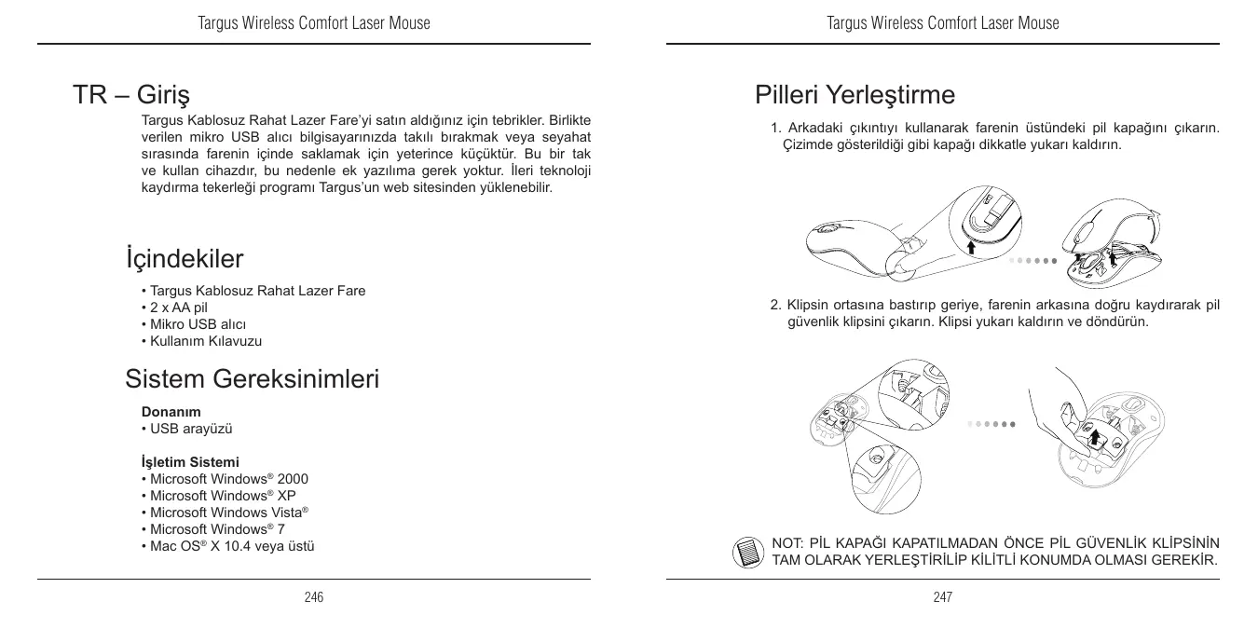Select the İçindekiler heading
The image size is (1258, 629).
(184, 257)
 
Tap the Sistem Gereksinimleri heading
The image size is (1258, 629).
(252, 379)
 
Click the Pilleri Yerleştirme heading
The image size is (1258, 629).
(855, 95)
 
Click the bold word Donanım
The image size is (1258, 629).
(171, 411)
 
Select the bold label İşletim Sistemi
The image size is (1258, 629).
(189, 462)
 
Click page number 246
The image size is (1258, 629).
(314, 597)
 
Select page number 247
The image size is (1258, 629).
(943, 597)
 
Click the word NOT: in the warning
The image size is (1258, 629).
(788, 543)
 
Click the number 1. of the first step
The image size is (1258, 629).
(775, 128)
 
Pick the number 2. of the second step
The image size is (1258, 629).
(775, 305)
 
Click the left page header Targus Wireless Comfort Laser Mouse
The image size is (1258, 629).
(314, 22)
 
